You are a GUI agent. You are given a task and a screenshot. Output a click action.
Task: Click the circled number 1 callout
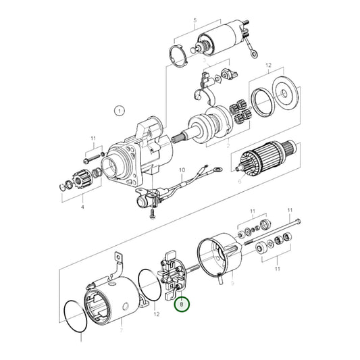click(x=119, y=110)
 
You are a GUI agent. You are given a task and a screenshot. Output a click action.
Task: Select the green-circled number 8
click(x=182, y=305)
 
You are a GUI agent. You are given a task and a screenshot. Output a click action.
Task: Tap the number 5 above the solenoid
click(x=195, y=21)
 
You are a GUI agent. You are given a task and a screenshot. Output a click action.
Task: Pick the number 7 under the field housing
click(x=121, y=330)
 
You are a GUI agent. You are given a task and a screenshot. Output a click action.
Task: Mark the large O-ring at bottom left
click(x=76, y=314)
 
